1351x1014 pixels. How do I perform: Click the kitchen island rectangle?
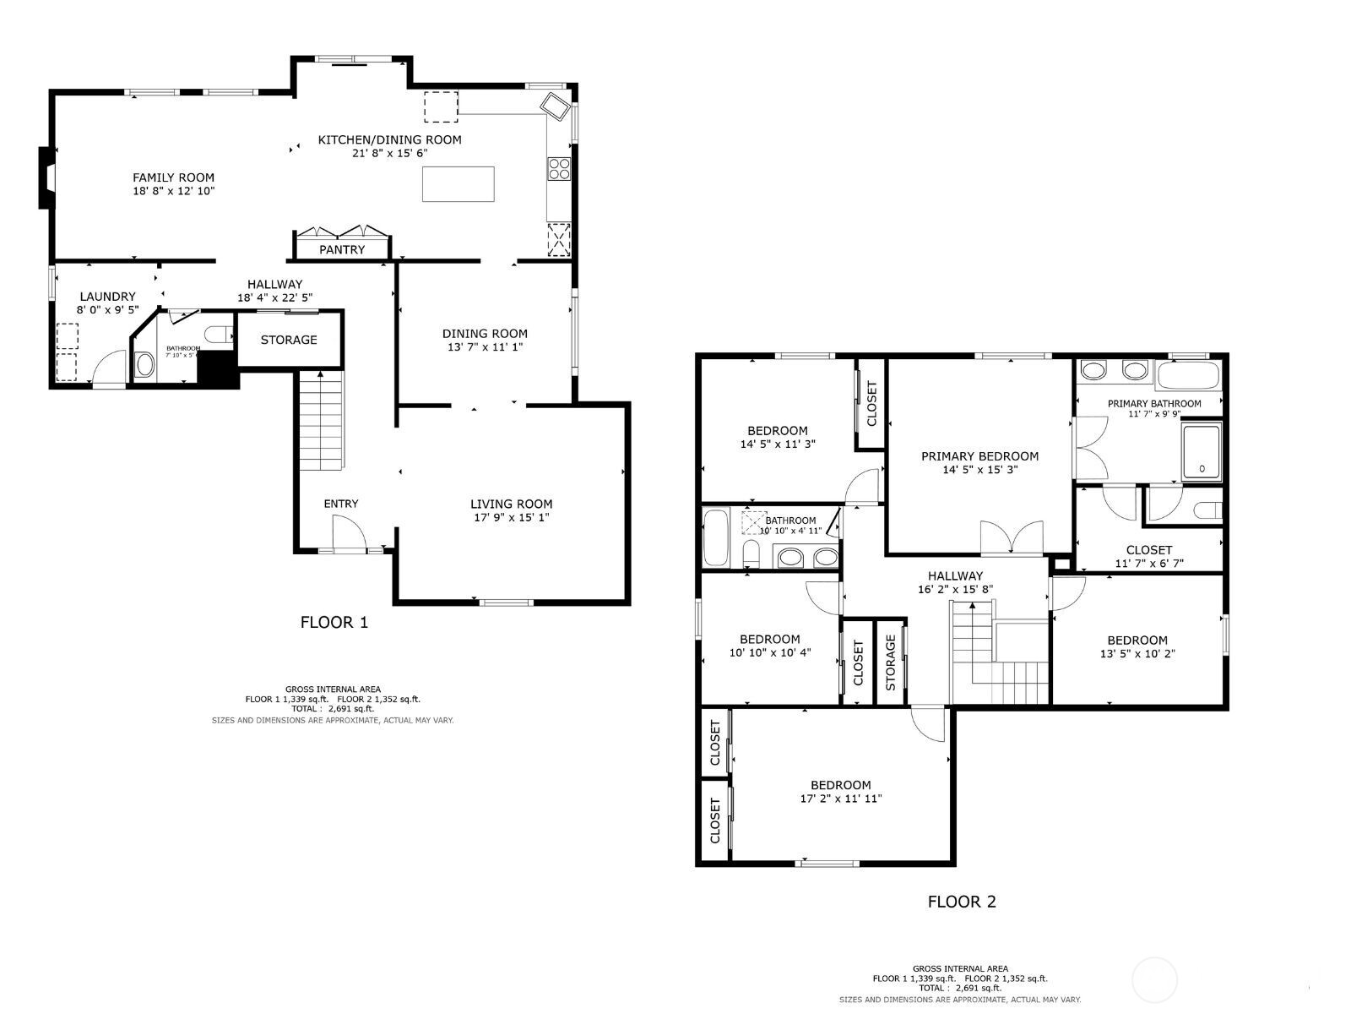[458, 184]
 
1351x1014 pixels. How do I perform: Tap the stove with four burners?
[559, 169]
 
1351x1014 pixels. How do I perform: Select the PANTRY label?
[342, 249]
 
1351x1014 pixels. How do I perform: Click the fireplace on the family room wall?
[46, 177]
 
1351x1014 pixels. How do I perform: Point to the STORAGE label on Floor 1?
[289, 340]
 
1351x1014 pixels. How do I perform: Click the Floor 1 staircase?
[321, 422]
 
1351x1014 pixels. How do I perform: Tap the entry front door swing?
[348, 532]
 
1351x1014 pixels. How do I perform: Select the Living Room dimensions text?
[511, 517]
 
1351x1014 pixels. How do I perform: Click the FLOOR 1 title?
[334, 623]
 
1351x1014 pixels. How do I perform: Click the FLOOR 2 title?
[962, 902]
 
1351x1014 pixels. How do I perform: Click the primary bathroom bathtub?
[1188, 374]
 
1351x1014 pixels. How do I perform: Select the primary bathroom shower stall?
[1202, 453]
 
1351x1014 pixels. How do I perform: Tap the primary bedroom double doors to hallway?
[1011, 538]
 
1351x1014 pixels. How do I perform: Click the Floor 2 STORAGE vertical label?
[890, 662]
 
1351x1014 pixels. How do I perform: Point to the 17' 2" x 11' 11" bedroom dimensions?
[841, 799]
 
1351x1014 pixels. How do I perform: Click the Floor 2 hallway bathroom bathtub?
[716, 537]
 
